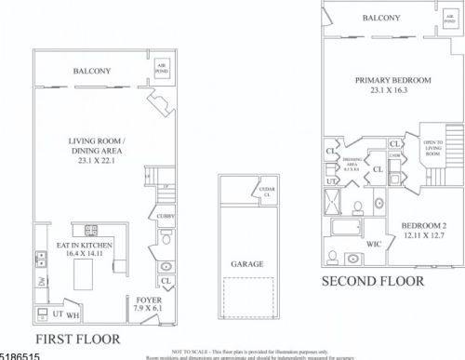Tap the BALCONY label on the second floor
pos(381,18)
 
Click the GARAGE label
pos(246,263)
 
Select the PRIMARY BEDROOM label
pos(392,80)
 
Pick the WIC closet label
pos(374,244)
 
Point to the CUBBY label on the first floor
pos(166,216)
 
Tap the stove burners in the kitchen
pos(91,230)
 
